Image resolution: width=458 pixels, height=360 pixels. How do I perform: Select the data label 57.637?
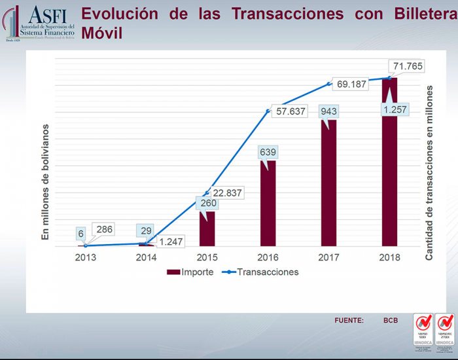tap(291, 111)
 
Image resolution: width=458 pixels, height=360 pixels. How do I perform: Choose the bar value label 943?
tap(328, 111)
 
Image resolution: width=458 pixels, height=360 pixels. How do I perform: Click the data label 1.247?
tap(171, 241)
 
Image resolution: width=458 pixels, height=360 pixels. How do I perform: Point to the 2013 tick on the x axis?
tap(86, 257)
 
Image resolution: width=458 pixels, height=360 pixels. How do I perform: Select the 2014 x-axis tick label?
tap(147, 257)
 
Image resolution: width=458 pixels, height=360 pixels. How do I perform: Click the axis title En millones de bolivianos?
tap(46, 181)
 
